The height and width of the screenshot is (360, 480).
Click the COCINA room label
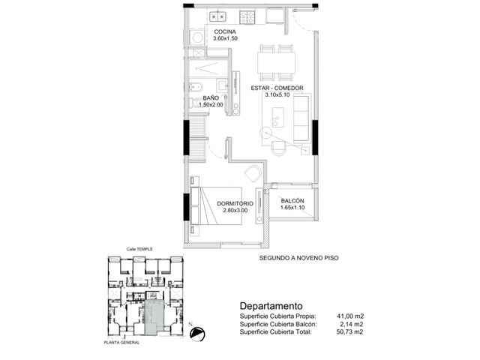tap(225, 31)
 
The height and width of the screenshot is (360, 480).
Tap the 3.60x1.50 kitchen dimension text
tap(225, 38)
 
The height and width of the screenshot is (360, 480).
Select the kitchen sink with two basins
tap(217, 16)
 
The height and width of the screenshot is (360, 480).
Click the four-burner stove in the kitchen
tap(247, 17)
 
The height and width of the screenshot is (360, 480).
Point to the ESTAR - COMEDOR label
tap(277, 88)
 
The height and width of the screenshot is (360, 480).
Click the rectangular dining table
tap(277, 62)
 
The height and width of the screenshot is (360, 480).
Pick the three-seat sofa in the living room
tap(301, 118)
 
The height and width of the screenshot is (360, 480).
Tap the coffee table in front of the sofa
tap(278, 117)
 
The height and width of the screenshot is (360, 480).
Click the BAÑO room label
tap(211, 98)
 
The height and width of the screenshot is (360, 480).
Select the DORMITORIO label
tap(235, 203)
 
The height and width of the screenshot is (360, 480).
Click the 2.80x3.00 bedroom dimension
tap(235, 210)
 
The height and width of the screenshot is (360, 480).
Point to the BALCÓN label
tap(292, 201)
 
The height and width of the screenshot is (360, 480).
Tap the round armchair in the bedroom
tap(253, 173)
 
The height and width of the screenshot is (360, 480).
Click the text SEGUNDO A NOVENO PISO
tap(298, 258)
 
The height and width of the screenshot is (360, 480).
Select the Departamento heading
tap(271, 306)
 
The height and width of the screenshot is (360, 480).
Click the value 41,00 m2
tap(350, 316)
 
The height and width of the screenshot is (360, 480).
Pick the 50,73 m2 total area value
tap(349, 331)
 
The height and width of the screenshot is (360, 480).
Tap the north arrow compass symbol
tap(196, 333)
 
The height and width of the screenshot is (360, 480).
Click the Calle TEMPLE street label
tap(139, 249)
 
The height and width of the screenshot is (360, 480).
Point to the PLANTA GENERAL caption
tap(121, 343)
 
